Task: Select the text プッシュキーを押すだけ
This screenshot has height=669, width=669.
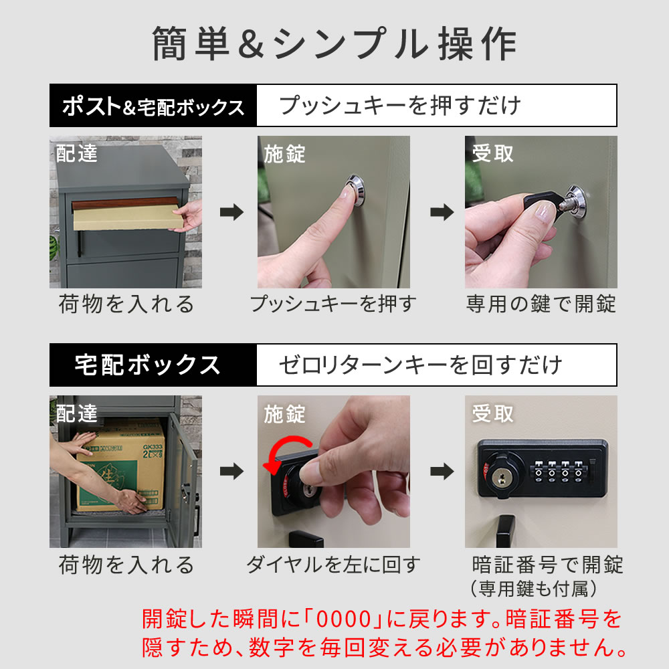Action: click(x=400, y=106)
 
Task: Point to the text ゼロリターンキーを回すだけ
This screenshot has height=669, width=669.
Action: click(x=420, y=365)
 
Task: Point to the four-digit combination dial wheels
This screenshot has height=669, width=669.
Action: click(x=557, y=468)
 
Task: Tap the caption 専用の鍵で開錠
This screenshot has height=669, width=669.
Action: click(x=541, y=304)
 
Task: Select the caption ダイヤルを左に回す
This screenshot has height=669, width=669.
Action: click(x=332, y=565)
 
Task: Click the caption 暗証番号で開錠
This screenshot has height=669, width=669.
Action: click(x=547, y=565)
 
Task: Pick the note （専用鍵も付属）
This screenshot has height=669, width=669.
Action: click(x=533, y=589)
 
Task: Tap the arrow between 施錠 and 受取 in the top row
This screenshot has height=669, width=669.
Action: click(x=440, y=213)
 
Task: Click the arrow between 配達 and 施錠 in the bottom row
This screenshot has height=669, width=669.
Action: click(x=231, y=472)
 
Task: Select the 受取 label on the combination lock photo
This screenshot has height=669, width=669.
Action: click(x=493, y=414)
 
